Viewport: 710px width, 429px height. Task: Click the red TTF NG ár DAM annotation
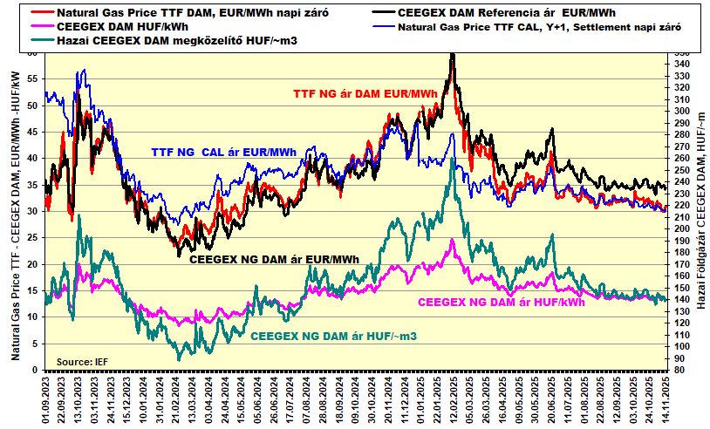(365, 93)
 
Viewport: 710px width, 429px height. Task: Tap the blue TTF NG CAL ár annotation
(224, 152)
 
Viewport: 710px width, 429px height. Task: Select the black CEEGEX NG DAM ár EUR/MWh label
(274, 259)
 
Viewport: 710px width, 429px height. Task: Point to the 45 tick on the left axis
(33, 132)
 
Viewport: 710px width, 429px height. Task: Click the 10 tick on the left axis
(33, 317)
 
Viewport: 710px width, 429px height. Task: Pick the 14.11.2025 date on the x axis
(667, 397)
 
